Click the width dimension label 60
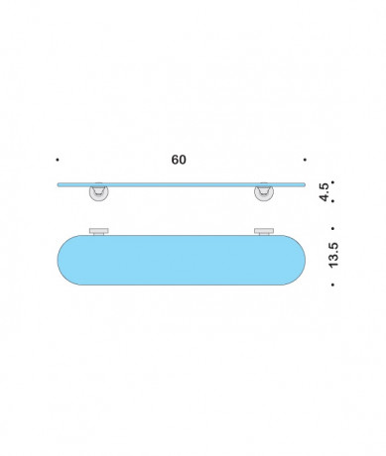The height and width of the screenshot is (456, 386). [x=179, y=160]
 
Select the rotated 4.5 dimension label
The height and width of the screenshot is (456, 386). [x=324, y=191]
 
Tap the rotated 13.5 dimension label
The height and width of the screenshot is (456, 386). [x=333, y=255]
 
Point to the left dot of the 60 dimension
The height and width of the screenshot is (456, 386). [x=58, y=160]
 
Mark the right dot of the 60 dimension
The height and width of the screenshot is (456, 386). [x=305, y=160]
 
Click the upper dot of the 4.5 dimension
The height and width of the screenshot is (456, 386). [x=332, y=182]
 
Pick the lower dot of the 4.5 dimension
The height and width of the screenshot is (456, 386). [x=332, y=200]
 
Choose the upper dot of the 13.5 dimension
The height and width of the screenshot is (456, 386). [x=332, y=228]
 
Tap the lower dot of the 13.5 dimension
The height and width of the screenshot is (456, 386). [x=332, y=285]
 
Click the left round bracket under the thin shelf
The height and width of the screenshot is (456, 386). [x=98, y=192]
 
